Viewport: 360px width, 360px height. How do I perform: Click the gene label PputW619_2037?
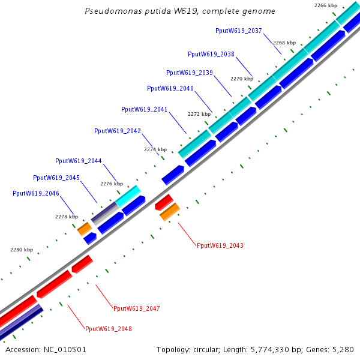pos(238,31)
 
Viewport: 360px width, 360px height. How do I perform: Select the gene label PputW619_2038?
pos(211,54)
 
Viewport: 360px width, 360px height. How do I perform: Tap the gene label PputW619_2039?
pos(190,73)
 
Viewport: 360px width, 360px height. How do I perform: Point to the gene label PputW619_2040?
pos(170,89)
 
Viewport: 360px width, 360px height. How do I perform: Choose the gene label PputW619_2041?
pos(145,110)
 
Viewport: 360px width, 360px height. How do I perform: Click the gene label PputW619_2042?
pos(118,131)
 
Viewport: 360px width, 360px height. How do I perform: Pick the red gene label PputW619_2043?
pos(220,245)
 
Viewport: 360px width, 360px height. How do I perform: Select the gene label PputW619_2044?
pos(79,161)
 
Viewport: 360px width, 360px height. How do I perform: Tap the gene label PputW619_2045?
pos(56,178)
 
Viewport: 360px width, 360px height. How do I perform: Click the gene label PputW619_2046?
pos(36,194)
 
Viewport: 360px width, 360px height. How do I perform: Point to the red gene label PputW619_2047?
pos(137,308)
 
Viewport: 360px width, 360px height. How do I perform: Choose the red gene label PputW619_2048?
pos(109,329)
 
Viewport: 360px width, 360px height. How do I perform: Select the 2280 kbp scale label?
pos(22,250)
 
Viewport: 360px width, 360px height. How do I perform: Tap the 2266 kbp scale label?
pos(326,5)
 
